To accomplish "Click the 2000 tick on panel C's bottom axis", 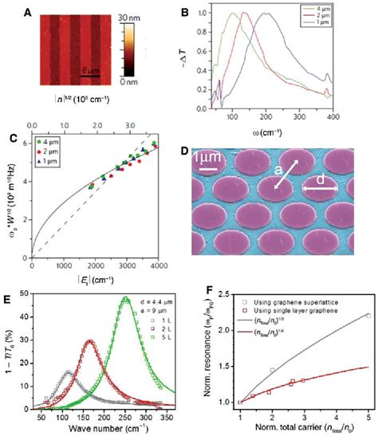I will (94, 265).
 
